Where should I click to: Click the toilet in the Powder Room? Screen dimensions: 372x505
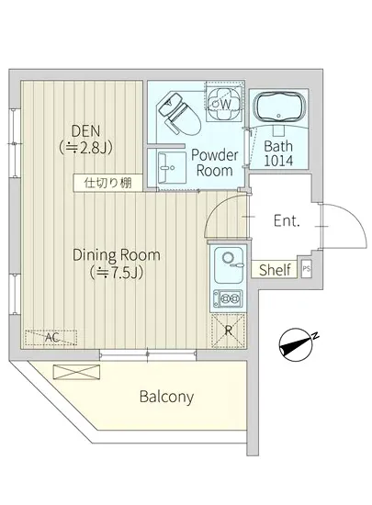click(179, 113)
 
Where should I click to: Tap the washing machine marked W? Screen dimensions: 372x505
click(224, 101)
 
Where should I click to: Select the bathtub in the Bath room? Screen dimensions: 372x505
click(279, 107)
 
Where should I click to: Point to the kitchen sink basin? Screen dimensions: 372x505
click(229, 265)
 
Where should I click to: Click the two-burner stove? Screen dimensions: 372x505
click(228, 297)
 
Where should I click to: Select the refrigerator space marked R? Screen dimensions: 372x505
click(228, 331)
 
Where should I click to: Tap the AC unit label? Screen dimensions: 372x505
click(51, 338)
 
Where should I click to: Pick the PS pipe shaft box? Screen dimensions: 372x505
click(307, 269)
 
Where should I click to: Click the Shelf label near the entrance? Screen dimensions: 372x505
click(275, 270)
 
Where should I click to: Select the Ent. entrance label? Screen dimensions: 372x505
click(287, 221)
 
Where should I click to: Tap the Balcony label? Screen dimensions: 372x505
click(166, 397)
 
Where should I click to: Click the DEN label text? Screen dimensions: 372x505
click(85, 131)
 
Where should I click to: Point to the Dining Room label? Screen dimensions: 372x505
click(117, 255)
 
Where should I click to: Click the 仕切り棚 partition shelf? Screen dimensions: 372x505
click(107, 183)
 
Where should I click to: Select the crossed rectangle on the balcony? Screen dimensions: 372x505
click(76, 373)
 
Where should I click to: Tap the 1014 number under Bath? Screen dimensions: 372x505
click(278, 161)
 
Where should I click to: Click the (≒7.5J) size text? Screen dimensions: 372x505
click(117, 273)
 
